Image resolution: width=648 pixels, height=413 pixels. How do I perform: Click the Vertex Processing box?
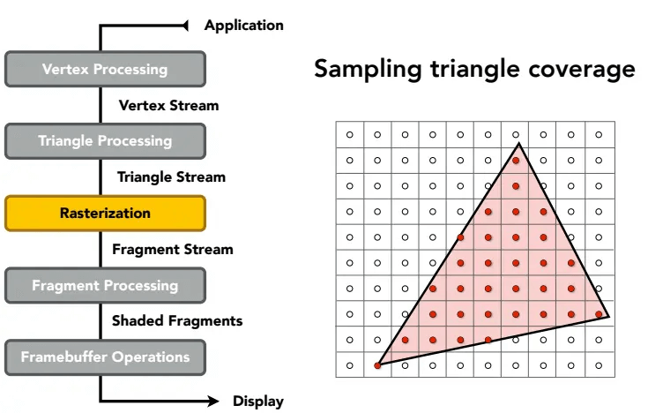point(106,69)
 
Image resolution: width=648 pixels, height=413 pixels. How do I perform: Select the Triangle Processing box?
point(106,141)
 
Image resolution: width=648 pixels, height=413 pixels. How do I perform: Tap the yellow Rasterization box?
point(106,214)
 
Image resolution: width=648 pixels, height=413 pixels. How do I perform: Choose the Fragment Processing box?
point(106,286)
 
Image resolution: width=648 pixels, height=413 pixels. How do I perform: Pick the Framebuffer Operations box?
point(106,357)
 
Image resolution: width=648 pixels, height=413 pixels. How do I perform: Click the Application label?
point(244,26)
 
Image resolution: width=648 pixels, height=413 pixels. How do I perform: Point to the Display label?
point(258,401)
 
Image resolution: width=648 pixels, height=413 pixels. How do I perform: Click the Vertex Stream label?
point(168,105)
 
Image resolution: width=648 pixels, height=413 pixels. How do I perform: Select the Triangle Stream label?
point(172,177)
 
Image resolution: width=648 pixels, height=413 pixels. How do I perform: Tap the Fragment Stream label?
point(173,249)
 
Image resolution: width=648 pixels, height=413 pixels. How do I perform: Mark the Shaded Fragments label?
point(177,320)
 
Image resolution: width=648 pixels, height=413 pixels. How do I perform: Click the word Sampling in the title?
point(368,70)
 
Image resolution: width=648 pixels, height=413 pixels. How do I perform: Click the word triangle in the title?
point(475,70)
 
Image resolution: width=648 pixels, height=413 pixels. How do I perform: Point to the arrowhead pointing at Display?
point(213,401)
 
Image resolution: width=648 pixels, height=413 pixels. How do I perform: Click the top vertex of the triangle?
point(519,143)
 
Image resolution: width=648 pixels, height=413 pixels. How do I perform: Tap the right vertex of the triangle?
point(608,317)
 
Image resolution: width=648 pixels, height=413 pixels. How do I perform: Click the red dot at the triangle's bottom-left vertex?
point(377,365)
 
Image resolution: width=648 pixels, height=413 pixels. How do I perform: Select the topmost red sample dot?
point(516,161)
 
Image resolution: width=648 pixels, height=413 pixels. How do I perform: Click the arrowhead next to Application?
point(185,26)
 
